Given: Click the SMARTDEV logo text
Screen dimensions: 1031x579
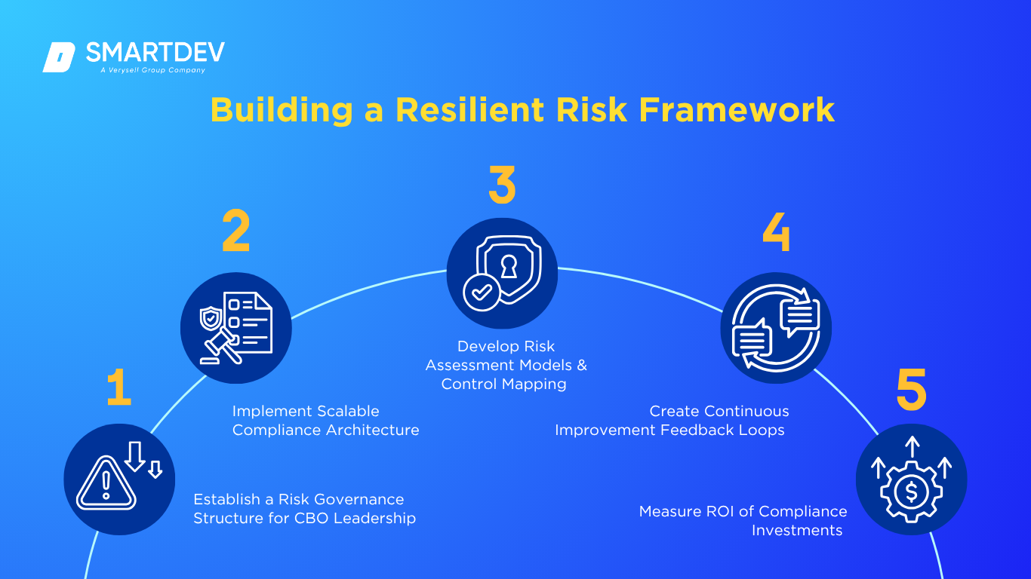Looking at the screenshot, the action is tap(155, 52).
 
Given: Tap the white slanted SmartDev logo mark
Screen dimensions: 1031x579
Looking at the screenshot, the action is tap(59, 57).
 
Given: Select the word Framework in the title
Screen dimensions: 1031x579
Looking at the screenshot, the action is tap(737, 110).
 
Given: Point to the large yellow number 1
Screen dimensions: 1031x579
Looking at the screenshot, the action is tap(119, 388).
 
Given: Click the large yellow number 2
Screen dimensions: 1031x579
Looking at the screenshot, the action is tap(235, 231).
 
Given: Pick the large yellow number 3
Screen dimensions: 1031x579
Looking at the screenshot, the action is tap(502, 184).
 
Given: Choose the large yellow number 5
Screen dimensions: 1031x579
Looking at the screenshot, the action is tap(911, 389).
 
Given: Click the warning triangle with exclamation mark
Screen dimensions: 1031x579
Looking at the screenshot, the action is tap(106, 483).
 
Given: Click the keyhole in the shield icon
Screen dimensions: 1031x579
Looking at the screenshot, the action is tap(509, 267).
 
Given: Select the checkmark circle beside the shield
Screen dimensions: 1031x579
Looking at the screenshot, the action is tap(482, 293).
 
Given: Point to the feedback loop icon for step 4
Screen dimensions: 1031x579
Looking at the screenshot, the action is tap(776, 327).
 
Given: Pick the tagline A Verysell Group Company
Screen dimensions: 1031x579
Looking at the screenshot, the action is tap(152, 70).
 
